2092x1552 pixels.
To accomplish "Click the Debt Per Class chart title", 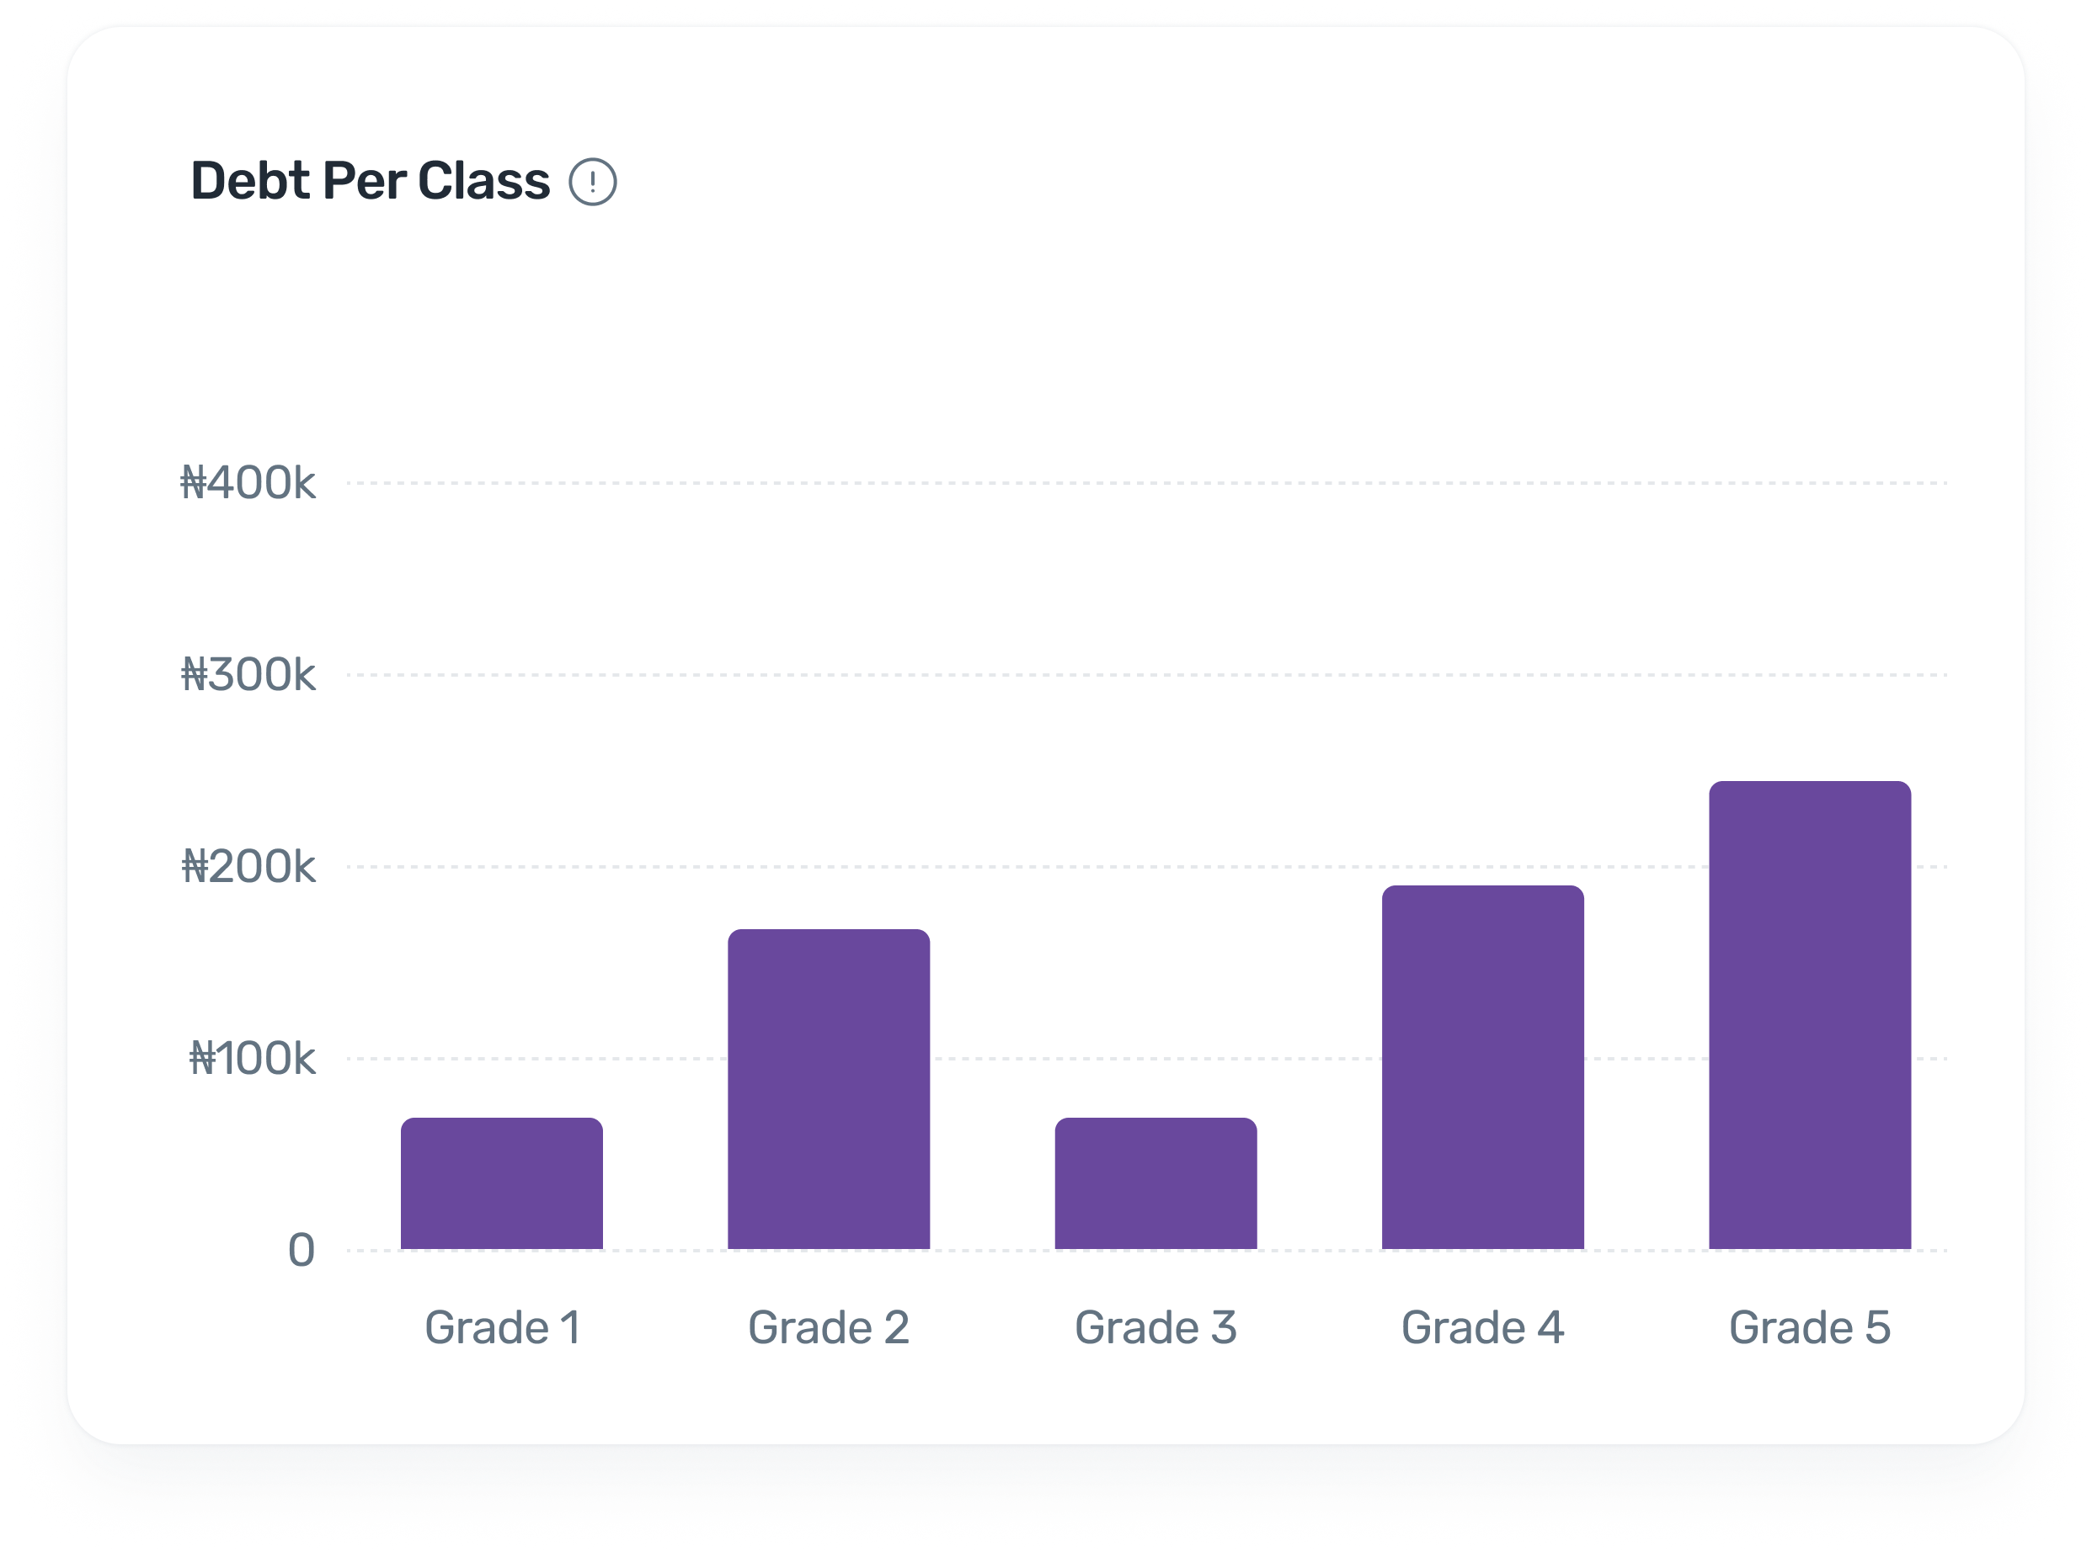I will coord(371,181).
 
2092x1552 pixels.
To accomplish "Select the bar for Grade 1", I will coord(502,1183).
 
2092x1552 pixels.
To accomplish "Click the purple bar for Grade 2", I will coord(829,1089).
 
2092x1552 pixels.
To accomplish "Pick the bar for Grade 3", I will coord(1156,1183).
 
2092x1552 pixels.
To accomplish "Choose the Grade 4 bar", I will coord(1483,1067).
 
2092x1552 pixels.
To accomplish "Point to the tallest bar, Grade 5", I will coord(1810,1015).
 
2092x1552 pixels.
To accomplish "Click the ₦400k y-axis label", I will coord(248,483).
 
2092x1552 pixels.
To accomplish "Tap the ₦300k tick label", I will coord(248,674).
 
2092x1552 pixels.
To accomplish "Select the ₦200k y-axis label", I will coord(248,866).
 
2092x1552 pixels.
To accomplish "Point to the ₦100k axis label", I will coord(252,1058).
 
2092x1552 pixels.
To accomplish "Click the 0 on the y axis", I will coord(301,1251).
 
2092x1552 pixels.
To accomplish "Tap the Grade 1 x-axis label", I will coord(502,1327).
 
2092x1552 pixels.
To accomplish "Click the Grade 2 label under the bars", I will coord(829,1327).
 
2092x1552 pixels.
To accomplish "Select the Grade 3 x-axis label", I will coord(1156,1327).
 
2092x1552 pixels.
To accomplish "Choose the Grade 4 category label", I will coord(1483,1327).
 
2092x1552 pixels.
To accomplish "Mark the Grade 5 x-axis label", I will coord(1810,1327).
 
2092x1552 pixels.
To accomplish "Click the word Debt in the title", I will coord(250,181).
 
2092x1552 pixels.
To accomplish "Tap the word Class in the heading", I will coord(484,181).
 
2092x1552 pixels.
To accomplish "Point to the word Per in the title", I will coord(365,181).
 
